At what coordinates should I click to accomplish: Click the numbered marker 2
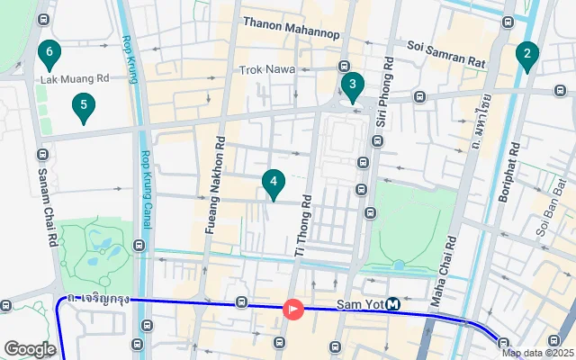coord(526,57)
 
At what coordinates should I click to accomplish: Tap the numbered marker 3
coord(352,86)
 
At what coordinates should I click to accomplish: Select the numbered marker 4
coord(274,184)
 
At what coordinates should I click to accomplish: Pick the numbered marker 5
coord(84,108)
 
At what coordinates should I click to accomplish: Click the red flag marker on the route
coord(293,309)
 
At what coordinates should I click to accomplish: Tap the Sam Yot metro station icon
coord(393,305)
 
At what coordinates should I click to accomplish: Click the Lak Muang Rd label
coord(75,78)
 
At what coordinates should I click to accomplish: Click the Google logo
coord(30,348)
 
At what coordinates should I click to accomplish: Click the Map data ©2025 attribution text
coord(536,353)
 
